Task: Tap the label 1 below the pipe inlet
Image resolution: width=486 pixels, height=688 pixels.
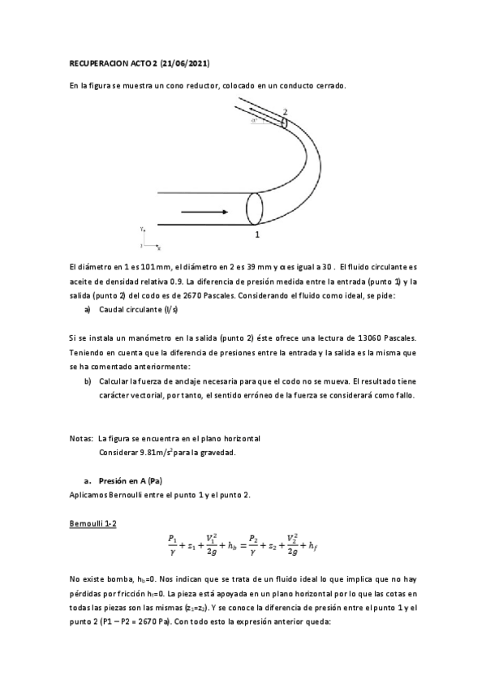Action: [256, 234]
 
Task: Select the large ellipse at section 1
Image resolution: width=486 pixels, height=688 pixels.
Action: [255, 209]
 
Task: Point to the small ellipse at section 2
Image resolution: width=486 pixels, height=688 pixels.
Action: [285, 123]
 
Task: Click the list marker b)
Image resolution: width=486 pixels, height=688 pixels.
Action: [88, 381]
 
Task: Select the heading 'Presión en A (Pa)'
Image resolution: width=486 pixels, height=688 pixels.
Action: [133, 481]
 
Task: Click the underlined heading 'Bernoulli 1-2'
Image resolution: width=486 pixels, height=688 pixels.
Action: [94, 524]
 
